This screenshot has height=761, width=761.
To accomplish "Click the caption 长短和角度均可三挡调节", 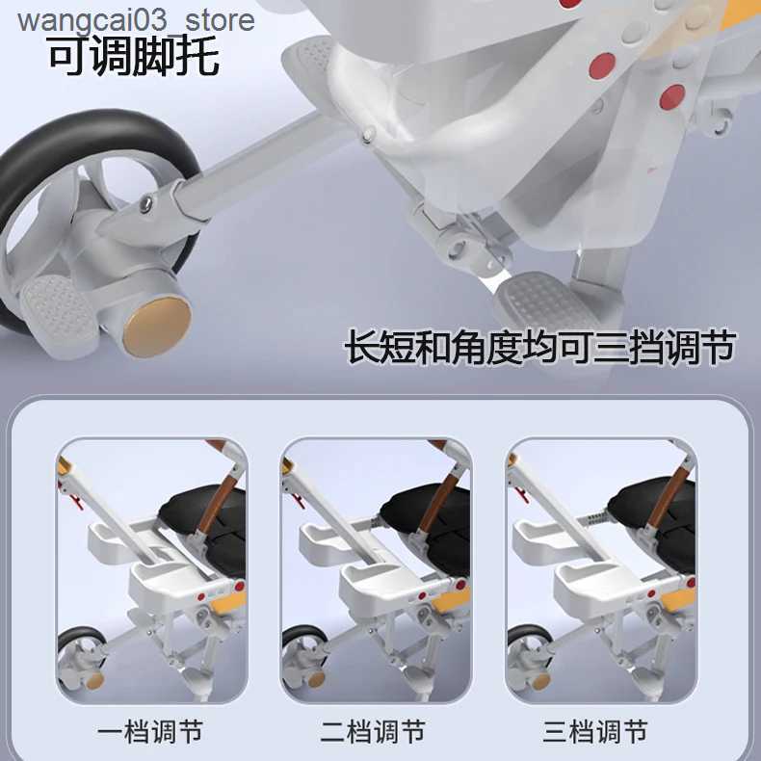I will coord(540,348).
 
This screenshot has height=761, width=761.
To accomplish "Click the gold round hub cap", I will coord(157,325).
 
